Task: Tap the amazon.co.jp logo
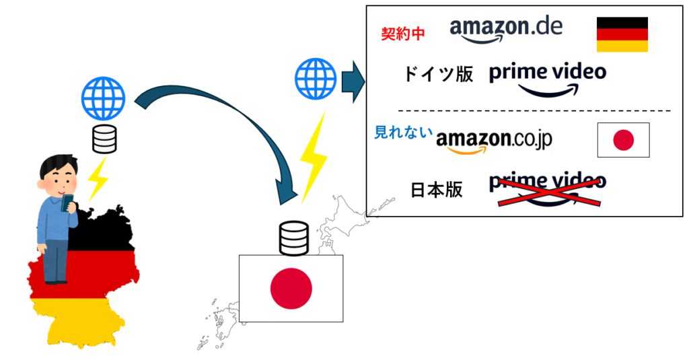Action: point(494,139)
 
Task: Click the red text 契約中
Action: point(403,34)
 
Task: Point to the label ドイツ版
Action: point(439,74)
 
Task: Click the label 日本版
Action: point(437,190)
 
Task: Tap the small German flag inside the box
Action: point(622,35)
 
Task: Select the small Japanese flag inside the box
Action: point(623,140)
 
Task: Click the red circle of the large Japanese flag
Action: point(291,288)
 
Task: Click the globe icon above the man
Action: point(103,98)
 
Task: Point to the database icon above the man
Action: point(104,139)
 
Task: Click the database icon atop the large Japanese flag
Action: point(293,238)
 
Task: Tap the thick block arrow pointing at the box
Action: point(353,81)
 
